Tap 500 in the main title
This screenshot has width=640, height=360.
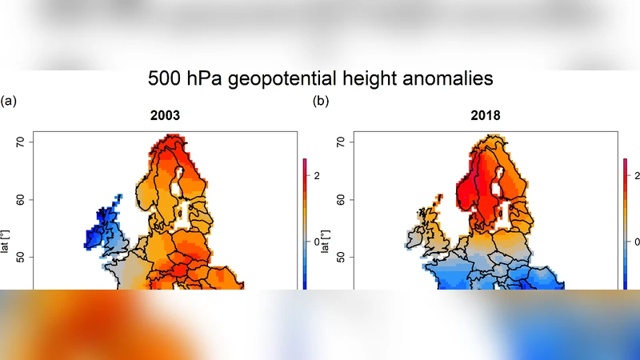point(166,78)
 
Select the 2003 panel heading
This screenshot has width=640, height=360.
point(165,116)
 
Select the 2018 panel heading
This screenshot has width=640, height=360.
point(485,116)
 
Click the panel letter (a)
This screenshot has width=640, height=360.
point(9,101)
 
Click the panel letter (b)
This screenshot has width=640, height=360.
point(320,101)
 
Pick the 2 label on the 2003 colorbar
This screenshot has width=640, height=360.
point(317,175)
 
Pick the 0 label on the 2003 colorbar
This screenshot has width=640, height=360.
point(317,241)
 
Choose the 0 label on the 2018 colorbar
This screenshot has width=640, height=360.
point(636,241)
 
